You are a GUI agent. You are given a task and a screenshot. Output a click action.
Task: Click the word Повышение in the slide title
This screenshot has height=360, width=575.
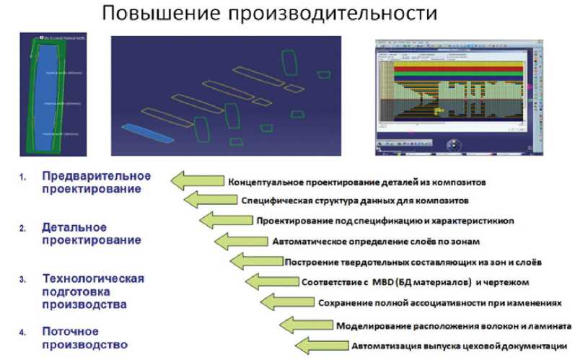pyautogui.click(x=154, y=14)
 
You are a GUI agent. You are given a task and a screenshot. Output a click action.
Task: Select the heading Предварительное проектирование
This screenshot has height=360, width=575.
pyautogui.click(x=96, y=183)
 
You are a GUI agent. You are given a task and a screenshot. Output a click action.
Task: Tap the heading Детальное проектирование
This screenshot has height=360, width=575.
pyautogui.click(x=91, y=234)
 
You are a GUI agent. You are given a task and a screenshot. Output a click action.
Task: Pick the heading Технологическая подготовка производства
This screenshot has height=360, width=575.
pyautogui.click(x=93, y=291)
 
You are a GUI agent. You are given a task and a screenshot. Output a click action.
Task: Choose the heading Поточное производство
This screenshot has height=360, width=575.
pyautogui.click(x=84, y=337)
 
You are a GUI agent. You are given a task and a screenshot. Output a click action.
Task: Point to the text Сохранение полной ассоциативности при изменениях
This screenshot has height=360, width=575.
pyautogui.click(x=439, y=302)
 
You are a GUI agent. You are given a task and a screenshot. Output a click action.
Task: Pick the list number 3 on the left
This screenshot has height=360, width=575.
pyautogui.click(x=22, y=279)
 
